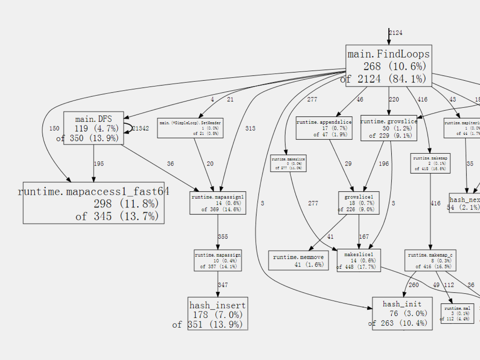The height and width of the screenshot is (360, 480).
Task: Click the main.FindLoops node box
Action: coord(389,66)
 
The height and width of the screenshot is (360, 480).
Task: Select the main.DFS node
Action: coord(94,128)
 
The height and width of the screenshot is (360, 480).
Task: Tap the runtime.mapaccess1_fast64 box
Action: coord(94,203)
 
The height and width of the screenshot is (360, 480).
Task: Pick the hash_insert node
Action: coord(218,314)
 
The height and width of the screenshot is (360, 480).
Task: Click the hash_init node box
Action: coord(402,314)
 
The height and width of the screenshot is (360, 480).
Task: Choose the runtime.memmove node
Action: coord(298,260)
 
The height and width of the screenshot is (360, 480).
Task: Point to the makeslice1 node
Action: coord(359,260)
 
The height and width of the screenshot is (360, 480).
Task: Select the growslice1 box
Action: coord(359,203)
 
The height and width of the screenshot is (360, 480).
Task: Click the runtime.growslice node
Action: coord(389,128)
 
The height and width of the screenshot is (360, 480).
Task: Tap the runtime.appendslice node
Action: coord(324,128)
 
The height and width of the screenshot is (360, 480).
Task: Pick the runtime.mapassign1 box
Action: coord(218,203)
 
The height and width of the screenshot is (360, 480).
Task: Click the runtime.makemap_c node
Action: coord(430,260)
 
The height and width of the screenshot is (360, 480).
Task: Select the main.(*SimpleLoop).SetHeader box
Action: coord(190,128)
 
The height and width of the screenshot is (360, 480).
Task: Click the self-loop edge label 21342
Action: coord(141,128)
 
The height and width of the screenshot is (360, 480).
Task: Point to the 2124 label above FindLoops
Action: coord(396,33)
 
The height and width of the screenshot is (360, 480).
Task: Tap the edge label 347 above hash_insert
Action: coord(223,285)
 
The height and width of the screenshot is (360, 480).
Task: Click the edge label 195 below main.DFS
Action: coord(99,164)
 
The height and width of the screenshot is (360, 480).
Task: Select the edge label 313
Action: coord(250,128)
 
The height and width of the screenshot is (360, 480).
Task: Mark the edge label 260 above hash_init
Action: coord(414,285)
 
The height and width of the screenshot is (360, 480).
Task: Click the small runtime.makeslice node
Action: coord(288,163)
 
